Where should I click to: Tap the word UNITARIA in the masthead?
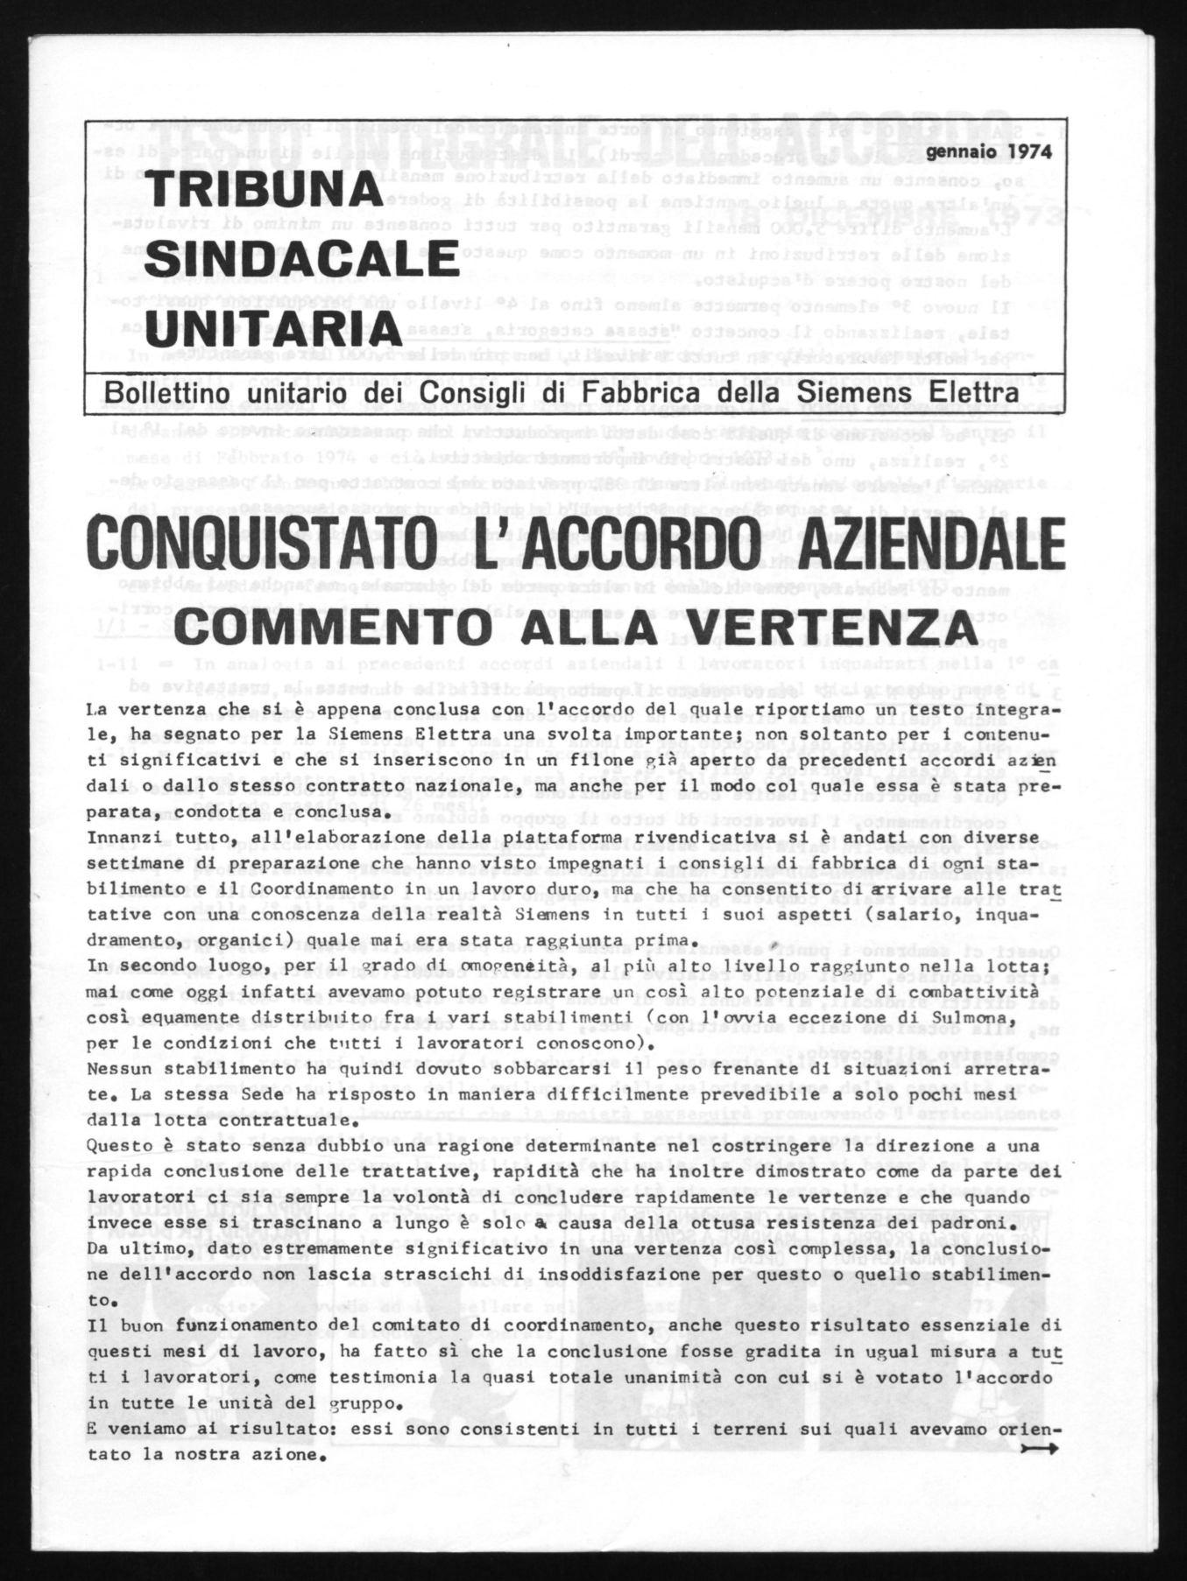(272, 328)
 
